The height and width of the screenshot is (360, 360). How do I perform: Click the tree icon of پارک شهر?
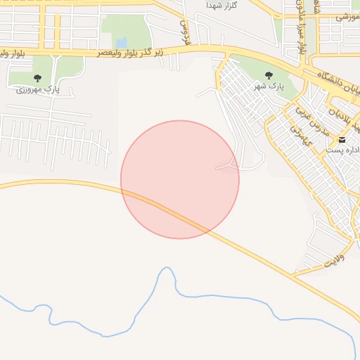click(268, 75)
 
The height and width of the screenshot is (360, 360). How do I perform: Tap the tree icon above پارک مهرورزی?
click(37, 78)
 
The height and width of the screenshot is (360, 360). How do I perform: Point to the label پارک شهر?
click(268, 86)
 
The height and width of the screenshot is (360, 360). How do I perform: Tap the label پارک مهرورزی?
click(38, 89)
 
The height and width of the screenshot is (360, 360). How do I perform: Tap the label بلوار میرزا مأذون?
click(302, 28)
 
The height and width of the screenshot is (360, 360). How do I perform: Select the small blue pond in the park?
click(122, 42)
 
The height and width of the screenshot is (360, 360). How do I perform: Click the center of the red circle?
click(180, 179)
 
